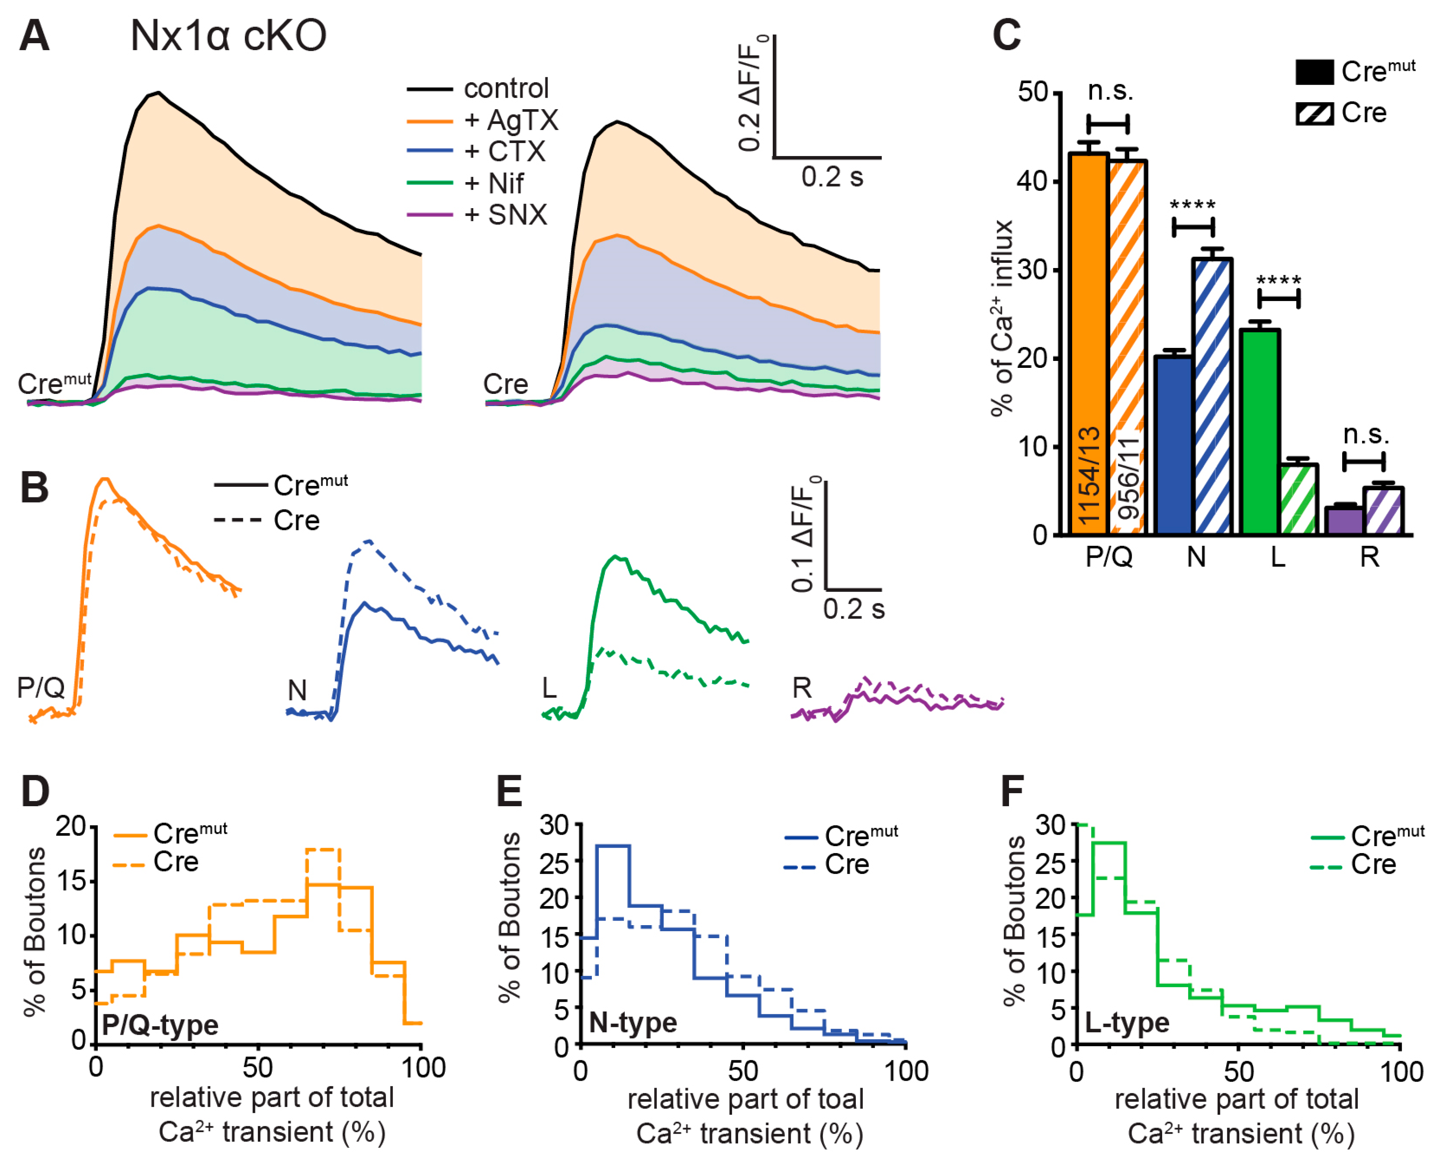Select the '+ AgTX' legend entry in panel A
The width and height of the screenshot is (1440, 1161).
tap(511, 121)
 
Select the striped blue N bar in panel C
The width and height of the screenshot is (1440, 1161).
tap(1211, 395)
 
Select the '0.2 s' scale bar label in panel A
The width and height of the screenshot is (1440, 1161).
tap(832, 177)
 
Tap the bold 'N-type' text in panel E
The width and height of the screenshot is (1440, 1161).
tap(633, 1022)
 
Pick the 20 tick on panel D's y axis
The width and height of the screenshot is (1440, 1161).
tap(71, 827)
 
